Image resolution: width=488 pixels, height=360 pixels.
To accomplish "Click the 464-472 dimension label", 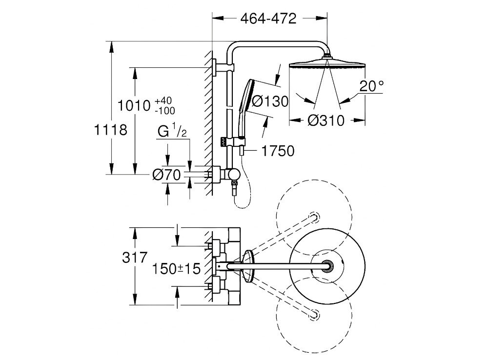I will (268, 19).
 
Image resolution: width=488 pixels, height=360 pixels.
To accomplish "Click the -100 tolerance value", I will (164, 111).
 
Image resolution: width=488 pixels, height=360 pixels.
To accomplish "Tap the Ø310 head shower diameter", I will (326, 120).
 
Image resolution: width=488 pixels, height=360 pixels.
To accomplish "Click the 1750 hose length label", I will (277, 151).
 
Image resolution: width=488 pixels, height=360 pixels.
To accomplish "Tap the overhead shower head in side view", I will (327, 64).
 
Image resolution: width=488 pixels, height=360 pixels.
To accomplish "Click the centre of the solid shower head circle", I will (327, 265).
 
